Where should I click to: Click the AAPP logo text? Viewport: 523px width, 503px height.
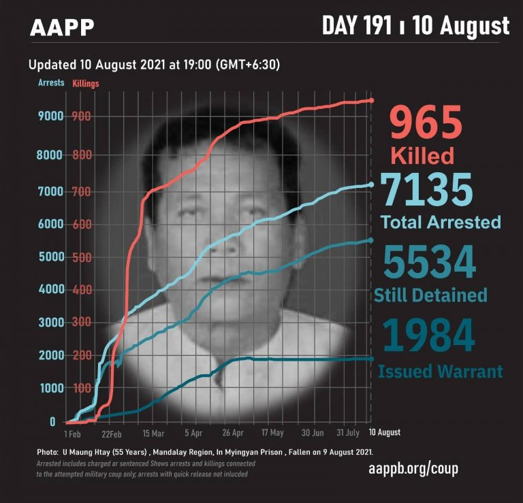[x=62, y=28]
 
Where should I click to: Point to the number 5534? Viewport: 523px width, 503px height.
[x=428, y=261]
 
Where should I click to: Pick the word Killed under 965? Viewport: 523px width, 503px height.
[x=422, y=156]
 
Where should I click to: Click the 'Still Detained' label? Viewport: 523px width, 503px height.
[x=430, y=295]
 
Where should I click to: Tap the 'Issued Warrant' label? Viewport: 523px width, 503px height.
[x=440, y=372]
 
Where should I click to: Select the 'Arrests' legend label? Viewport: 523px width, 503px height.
[x=51, y=83]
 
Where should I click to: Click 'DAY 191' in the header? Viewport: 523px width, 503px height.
[x=357, y=26]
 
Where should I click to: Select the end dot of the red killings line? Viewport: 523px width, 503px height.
[x=371, y=101]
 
